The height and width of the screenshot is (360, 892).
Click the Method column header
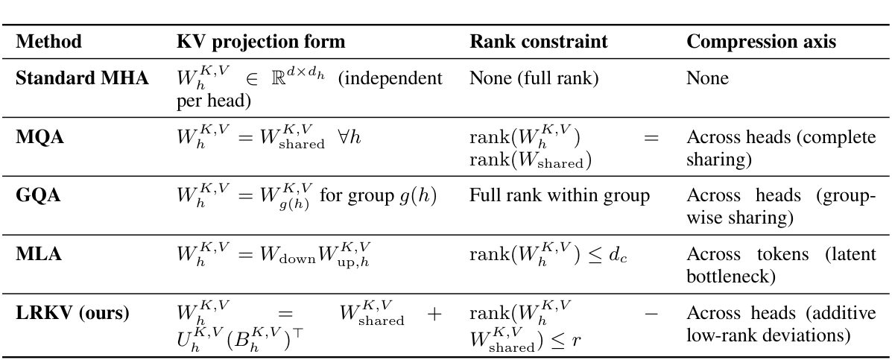[48, 42]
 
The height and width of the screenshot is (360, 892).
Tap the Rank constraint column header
[538, 42]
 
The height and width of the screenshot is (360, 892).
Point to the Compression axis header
[761, 42]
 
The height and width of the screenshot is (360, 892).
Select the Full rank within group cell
[560, 196]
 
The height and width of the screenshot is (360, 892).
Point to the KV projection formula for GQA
[306, 198]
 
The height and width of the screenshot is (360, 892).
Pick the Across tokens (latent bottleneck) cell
[780, 265]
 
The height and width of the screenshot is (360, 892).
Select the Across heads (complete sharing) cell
[780, 148]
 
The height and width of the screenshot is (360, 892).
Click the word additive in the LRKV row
[844, 314]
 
